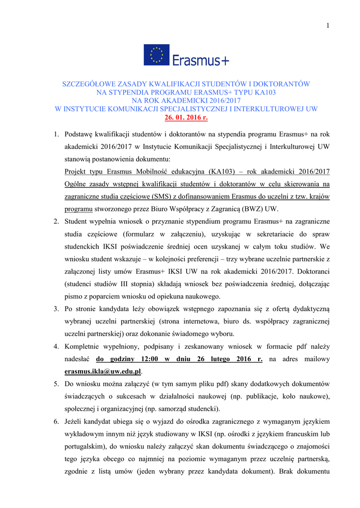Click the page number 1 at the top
click(x=328, y=26)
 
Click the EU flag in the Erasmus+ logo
click(x=156, y=55)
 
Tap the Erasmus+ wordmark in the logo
click(x=201, y=60)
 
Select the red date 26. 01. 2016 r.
click(x=186, y=118)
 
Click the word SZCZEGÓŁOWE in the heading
click(x=91, y=84)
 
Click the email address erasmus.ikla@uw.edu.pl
click(x=103, y=371)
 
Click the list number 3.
click(x=56, y=309)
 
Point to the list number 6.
click(x=56, y=421)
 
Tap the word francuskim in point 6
click(x=302, y=434)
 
